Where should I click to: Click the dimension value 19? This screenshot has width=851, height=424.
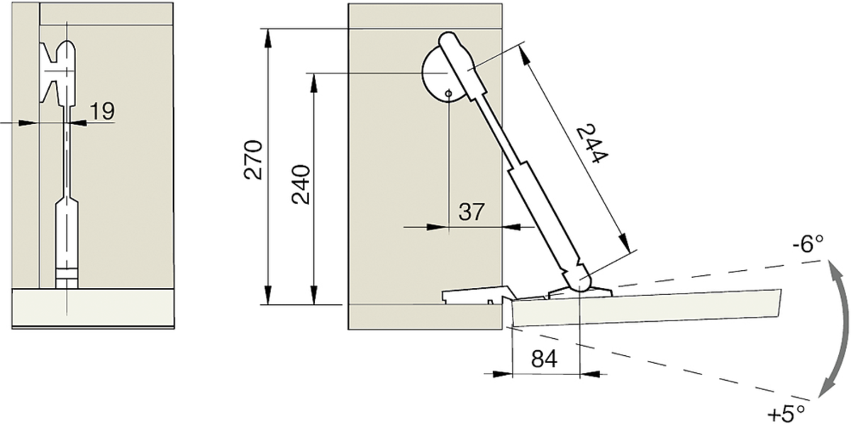[102, 111]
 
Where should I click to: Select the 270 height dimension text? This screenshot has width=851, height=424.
[253, 160]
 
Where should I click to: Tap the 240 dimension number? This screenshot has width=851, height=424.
[301, 184]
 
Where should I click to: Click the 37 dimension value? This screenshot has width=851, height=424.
[472, 211]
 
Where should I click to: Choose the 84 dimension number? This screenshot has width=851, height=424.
[544, 358]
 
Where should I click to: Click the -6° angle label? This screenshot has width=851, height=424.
[808, 245]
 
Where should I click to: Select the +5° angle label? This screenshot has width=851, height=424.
[786, 413]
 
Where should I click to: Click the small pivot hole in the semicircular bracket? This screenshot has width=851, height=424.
[449, 94]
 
